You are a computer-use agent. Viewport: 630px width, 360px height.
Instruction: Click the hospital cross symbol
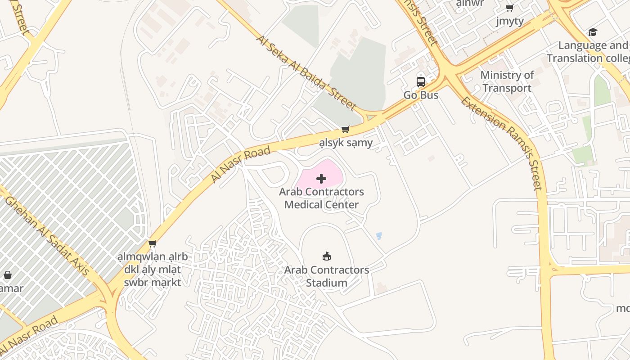[321, 179]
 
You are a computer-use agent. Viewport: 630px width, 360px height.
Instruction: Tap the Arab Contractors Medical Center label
[321, 198]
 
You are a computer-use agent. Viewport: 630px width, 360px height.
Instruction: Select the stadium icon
[327, 256]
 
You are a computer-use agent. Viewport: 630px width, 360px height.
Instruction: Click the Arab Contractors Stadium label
[327, 276]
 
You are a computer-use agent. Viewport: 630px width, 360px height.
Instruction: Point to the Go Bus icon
[420, 81]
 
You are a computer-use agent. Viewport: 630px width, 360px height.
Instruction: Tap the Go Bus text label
[420, 95]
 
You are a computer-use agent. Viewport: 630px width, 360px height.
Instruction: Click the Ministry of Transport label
[507, 81]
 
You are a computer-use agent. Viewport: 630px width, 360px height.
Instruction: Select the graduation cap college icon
[593, 32]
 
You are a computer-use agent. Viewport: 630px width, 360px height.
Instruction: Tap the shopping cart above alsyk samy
[346, 130]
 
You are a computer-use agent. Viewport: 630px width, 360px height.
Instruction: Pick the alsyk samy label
[346, 143]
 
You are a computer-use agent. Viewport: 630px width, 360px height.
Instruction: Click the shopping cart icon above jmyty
[510, 8]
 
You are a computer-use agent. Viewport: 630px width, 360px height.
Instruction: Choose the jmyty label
[510, 21]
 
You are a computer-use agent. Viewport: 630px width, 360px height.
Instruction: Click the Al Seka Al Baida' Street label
[306, 72]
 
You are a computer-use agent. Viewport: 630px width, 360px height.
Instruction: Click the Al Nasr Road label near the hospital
[241, 164]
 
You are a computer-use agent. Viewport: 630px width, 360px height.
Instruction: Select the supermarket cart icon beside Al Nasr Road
[153, 243]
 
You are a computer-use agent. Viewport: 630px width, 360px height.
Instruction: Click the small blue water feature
[379, 236]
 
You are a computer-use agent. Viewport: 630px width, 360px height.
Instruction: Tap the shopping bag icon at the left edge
[8, 275]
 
